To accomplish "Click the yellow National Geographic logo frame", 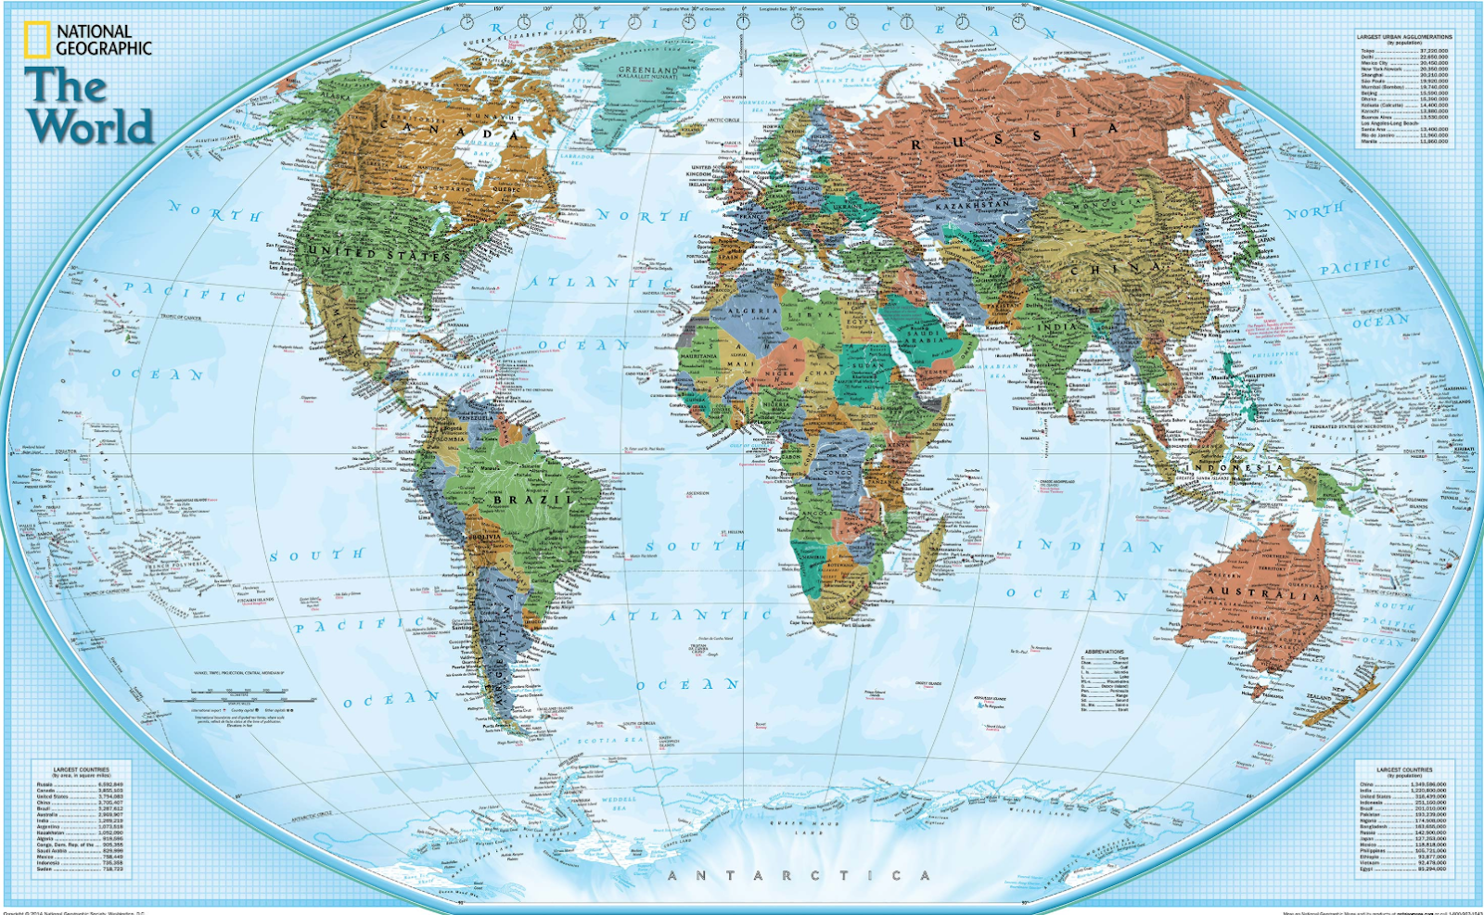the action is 37,40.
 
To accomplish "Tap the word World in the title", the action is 90,126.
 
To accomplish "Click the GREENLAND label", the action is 648,70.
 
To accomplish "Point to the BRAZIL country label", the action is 534,500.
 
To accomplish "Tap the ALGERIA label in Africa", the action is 753,311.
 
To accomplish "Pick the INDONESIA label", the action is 1243,468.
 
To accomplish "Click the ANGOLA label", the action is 816,513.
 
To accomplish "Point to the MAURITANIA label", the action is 698,356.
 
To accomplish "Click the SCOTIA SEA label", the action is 597,741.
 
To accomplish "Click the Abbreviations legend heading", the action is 1104,651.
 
